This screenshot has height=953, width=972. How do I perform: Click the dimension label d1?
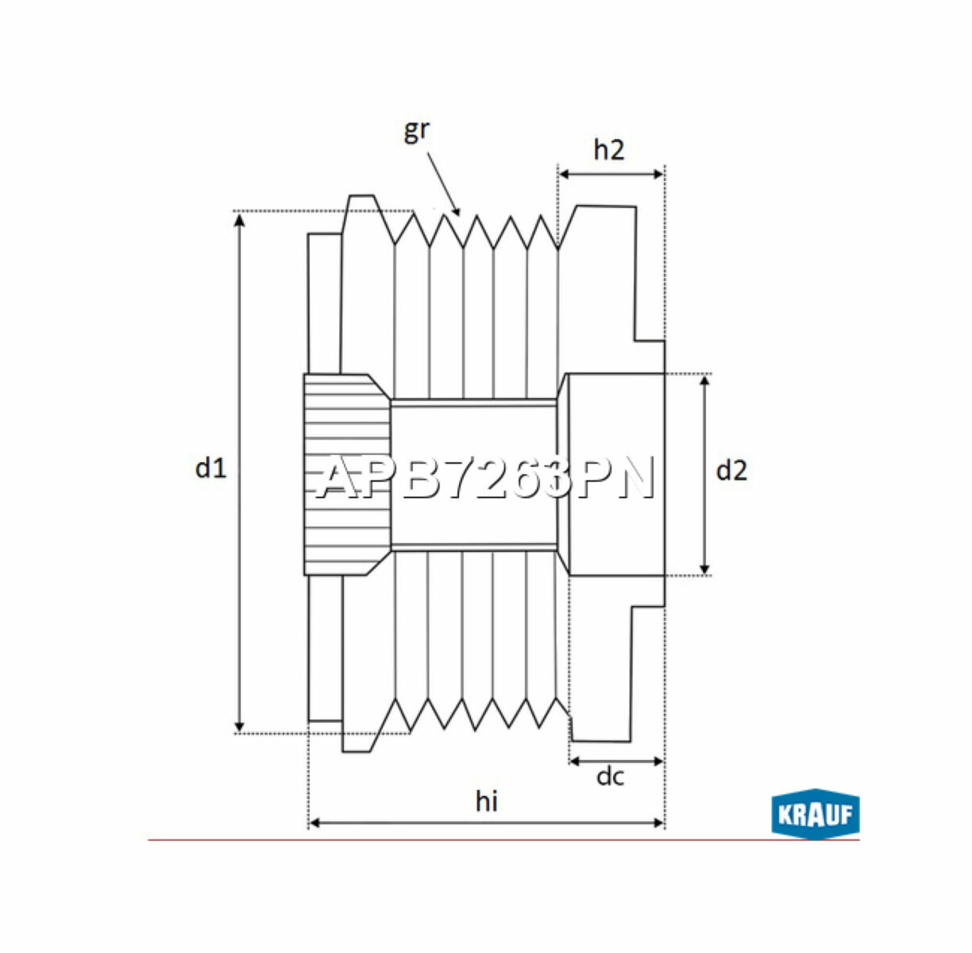(211, 469)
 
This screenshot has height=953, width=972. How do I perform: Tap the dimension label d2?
(731, 471)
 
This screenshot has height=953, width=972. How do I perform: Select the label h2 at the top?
(609, 149)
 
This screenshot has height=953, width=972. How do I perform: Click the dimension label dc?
(610, 777)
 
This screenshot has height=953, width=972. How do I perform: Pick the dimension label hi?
(486, 801)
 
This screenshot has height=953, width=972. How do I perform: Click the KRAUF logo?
(815, 814)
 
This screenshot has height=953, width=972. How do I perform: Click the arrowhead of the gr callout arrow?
(457, 211)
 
